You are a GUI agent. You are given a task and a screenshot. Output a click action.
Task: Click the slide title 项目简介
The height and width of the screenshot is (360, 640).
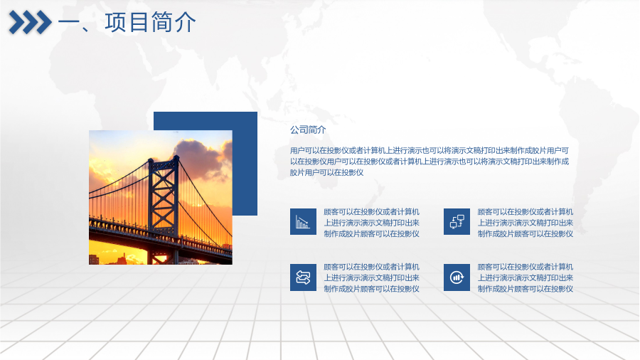pyautogui.click(x=150, y=22)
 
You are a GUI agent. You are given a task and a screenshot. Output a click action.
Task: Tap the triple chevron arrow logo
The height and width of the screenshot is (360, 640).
pyautogui.click(x=30, y=22)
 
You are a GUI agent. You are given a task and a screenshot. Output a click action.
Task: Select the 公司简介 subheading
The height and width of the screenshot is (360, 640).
pyautogui.click(x=308, y=129)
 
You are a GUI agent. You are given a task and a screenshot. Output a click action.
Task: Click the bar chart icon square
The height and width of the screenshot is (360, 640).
pyautogui.click(x=303, y=222)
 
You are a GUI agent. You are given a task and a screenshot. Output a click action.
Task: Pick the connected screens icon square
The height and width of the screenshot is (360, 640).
pyautogui.click(x=457, y=222)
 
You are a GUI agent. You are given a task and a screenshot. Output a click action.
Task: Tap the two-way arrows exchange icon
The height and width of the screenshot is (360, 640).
pyautogui.click(x=303, y=277)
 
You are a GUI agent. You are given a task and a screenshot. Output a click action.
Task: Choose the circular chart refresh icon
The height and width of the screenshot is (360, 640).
pyautogui.click(x=457, y=277)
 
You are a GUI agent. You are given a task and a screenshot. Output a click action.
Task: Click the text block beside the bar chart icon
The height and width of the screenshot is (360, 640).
pyautogui.click(x=371, y=223)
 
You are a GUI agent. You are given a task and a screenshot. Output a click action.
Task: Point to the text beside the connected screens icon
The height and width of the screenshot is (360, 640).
pyautogui.click(x=526, y=223)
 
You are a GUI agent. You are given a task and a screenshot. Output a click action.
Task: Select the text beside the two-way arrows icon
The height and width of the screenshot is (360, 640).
pyautogui.click(x=371, y=277)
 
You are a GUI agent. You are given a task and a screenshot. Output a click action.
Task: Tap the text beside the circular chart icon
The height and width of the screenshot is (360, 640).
pyautogui.click(x=526, y=277)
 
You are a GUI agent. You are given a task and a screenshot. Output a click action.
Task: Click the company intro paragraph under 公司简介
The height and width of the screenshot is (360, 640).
pyautogui.click(x=430, y=162)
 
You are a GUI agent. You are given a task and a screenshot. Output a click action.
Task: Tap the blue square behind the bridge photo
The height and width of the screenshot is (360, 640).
pyautogui.click(x=245, y=163)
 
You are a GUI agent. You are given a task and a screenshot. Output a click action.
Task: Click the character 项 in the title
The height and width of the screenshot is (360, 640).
pyautogui.click(x=115, y=22)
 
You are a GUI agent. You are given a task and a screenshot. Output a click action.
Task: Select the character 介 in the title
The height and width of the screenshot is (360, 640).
pyautogui.click(x=186, y=22)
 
